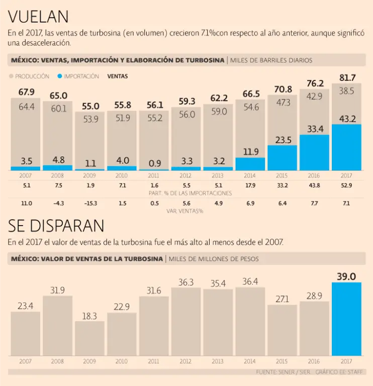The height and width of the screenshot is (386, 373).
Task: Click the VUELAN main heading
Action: coord(38,17)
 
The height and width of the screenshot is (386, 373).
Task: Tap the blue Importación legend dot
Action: coord(60,76)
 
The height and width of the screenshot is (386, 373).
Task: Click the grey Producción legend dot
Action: coord(11,76)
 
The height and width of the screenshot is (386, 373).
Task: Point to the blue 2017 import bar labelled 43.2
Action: coord(347,148)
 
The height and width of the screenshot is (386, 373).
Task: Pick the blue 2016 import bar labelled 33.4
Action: coord(315,153)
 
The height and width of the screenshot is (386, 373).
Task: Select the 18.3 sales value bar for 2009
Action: coord(89,338)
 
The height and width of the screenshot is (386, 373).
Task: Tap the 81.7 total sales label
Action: coord(347,78)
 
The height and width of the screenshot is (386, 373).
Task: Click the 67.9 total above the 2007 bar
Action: coord(26,92)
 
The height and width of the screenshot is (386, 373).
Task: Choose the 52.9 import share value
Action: coord(347,185)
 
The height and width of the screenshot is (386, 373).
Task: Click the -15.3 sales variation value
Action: coord(90,203)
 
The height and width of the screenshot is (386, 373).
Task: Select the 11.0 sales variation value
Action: coord(26,203)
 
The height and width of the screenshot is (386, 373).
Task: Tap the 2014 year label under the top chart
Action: coord(250,176)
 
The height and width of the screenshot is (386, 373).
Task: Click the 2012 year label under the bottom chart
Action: coord(186,361)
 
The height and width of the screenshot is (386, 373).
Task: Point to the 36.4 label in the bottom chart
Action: coord(250,281)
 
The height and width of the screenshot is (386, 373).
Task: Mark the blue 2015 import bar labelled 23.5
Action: coord(283,158)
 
